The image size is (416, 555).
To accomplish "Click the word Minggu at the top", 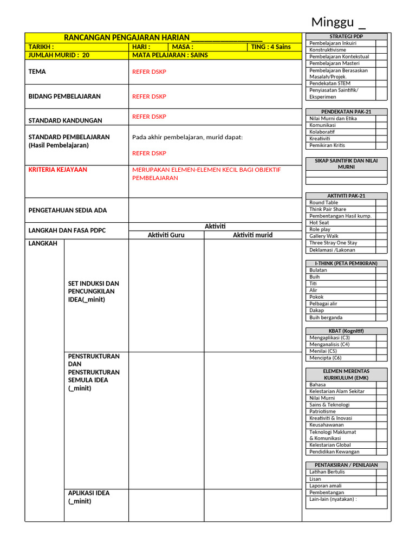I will [333, 22].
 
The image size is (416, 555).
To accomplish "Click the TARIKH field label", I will [41, 47].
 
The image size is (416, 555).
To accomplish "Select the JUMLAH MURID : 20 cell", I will [59, 55].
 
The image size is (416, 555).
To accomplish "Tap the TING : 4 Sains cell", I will [271, 47].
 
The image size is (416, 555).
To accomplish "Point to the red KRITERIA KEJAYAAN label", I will [58, 170].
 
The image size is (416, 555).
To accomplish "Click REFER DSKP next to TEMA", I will [149, 72].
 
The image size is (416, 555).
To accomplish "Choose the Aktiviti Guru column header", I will [166, 235].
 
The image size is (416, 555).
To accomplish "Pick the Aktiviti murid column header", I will [252, 235].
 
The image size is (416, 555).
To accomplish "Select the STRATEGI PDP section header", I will [346, 36].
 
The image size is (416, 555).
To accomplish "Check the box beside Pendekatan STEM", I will [381, 83].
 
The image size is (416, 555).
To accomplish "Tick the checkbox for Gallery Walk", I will [381, 236].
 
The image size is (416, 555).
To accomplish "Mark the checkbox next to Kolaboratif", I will [381, 132].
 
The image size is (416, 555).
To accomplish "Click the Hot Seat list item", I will [319, 223].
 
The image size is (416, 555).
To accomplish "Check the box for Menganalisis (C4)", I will [381, 344].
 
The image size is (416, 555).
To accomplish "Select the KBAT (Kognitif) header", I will [346, 331].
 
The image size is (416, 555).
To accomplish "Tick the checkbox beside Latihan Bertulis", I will [381, 472].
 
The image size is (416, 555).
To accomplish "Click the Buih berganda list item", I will [326, 318].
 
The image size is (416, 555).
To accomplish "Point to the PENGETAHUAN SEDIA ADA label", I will [68, 210].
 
